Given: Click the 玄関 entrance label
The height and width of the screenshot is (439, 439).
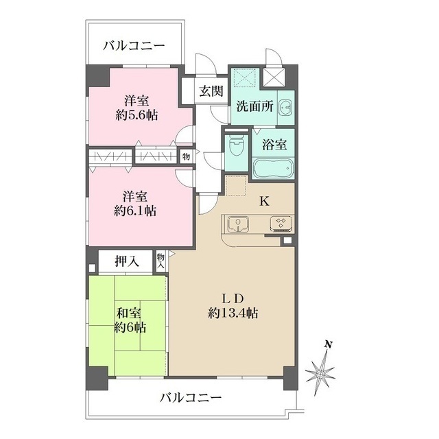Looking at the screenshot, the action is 211,91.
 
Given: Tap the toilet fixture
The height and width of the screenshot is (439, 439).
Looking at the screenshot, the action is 237,146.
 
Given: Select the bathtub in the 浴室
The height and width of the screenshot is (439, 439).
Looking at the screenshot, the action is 273,168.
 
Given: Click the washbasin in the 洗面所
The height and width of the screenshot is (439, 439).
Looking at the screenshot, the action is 286,107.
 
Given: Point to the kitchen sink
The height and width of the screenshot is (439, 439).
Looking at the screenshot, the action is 238,224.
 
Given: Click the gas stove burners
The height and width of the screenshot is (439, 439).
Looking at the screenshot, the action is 281,224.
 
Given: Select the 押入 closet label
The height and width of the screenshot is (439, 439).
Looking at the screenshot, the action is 127,261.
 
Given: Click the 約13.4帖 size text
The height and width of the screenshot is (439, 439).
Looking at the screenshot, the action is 233,313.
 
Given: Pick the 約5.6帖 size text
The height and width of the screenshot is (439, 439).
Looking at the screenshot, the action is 137,115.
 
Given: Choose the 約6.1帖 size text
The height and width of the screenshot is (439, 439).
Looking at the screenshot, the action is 135,211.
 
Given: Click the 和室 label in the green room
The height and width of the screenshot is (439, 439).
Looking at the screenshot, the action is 128,313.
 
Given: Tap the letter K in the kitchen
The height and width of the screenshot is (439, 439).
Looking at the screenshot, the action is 264,201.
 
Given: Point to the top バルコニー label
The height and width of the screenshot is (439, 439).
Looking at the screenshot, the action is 134,46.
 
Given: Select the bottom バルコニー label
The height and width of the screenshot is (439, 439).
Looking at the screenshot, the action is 191,397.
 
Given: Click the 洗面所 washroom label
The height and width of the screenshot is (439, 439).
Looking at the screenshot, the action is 254,106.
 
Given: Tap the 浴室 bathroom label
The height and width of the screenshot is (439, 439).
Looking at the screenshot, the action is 274,144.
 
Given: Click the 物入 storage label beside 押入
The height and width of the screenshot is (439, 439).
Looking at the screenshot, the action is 161,261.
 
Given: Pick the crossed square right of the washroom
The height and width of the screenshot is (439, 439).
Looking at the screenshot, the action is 274,78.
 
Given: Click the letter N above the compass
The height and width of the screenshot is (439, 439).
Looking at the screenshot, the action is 328,344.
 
